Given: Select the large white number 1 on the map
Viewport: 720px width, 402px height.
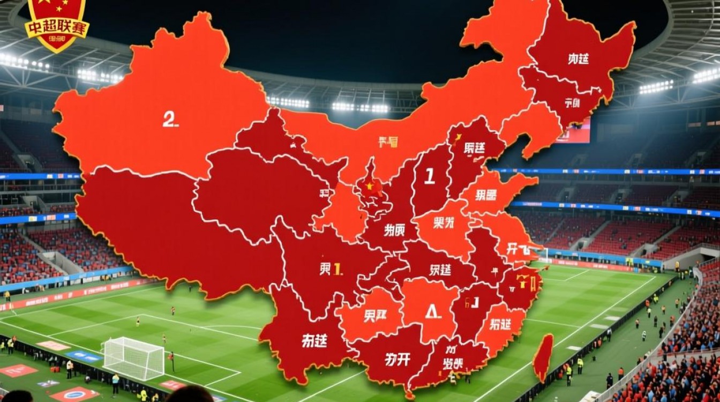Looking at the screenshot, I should [x=429, y=176].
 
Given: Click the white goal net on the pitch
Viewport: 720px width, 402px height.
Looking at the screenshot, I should [x=133, y=358].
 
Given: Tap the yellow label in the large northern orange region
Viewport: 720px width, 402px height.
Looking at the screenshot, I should [x=388, y=142].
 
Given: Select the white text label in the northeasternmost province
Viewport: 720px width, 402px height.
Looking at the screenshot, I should [x=578, y=59].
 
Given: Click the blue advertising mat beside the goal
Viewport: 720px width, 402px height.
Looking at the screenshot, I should [x=84, y=356].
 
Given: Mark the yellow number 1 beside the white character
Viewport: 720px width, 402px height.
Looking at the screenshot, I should [x=337, y=269].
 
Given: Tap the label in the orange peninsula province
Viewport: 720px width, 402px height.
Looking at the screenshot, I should [x=485, y=195].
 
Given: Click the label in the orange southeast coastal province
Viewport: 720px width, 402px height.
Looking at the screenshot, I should [x=500, y=324].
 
